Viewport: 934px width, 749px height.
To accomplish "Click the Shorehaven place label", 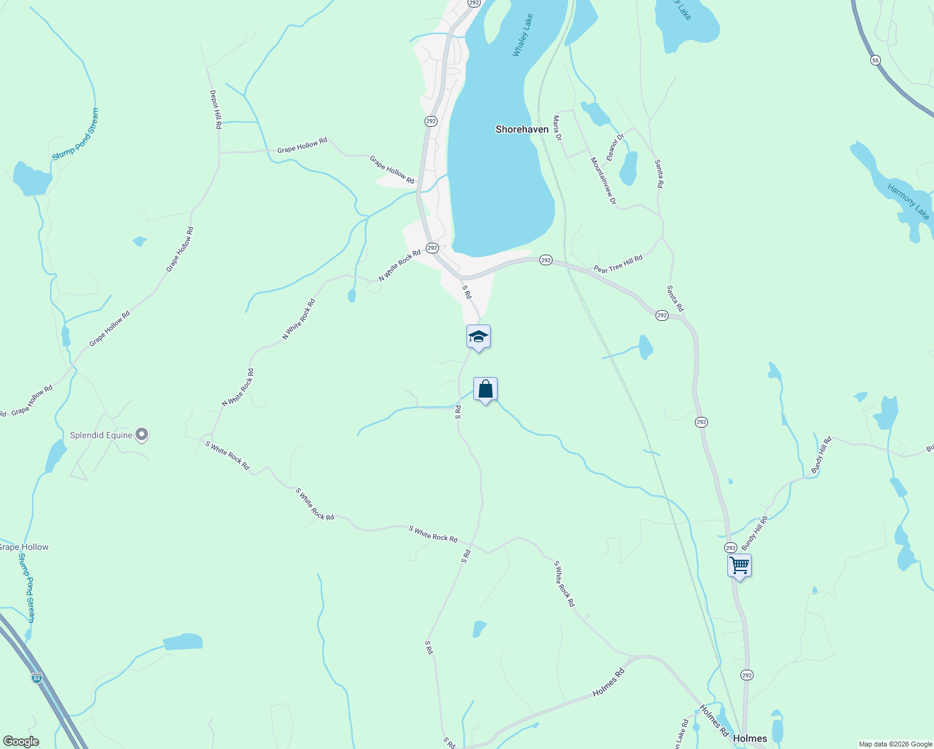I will point(522,129).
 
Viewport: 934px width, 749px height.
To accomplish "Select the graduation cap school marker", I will point(478,337).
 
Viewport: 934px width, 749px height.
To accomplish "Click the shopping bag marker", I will point(485,389).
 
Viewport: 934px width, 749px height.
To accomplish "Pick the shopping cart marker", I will point(739,566).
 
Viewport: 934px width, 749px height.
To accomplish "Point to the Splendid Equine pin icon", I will point(142,434).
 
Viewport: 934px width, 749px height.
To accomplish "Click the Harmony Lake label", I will point(908,202).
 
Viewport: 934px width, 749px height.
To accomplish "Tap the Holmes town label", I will point(750,738).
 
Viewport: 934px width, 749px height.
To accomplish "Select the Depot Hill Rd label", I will point(215,109).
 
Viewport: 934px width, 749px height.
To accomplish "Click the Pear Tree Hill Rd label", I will point(618,264).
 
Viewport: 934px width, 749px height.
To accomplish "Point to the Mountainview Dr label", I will point(603,181).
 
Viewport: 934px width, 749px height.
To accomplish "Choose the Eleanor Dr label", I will point(615,147).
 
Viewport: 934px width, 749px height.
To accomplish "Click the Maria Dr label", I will point(558,127).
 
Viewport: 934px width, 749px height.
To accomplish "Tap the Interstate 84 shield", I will point(37,677).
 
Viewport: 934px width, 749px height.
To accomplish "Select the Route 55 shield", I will point(875,60).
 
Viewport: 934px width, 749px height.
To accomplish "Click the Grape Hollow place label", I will point(24,547).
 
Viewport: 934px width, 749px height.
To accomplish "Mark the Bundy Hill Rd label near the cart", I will point(755,533).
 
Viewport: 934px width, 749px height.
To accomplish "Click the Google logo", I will point(21,742).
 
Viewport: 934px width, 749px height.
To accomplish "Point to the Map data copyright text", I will point(895,744).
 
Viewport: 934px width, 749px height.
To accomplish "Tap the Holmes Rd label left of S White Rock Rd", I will point(608,683).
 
